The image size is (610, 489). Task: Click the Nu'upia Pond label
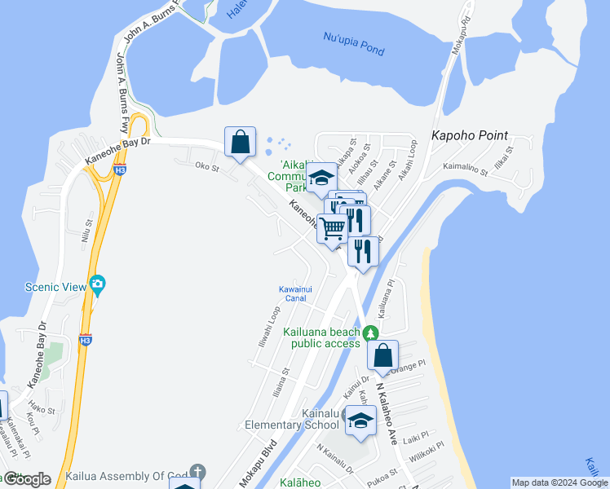click(x=353, y=44)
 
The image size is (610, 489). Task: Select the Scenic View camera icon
click(x=98, y=284)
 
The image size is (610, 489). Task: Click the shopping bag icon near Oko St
click(x=241, y=143)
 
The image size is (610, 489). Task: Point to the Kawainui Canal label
click(x=292, y=293)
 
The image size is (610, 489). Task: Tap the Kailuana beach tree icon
click(x=370, y=333)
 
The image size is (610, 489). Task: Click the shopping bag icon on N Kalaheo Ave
click(x=382, y=356)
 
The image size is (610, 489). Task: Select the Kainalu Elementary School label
click(x=292, y=420)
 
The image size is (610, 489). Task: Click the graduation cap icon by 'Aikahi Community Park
click(x=322, y=178)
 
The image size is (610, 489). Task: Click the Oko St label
click(x=207, y=167)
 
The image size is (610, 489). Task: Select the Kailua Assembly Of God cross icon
click(x=197, y=472)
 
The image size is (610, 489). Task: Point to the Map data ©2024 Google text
click(x=559, y=482)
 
